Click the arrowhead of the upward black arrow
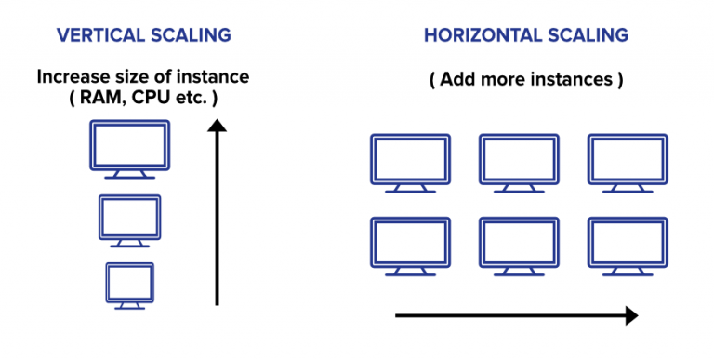[217, 126]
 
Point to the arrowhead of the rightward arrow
[631, 315]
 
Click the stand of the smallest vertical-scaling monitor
[130, 306]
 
